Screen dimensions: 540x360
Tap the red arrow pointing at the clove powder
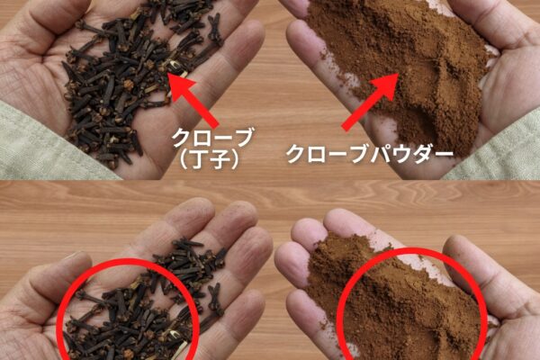370,102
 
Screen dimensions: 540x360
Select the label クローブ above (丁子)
212,138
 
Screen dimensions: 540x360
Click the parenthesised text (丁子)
209,159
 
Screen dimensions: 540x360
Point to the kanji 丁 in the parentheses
198,159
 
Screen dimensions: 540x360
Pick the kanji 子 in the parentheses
220,159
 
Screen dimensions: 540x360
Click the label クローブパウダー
370,154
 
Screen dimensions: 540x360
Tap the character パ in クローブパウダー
380,154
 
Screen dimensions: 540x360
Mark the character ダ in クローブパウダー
424,154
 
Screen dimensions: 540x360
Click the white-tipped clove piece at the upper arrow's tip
175,65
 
